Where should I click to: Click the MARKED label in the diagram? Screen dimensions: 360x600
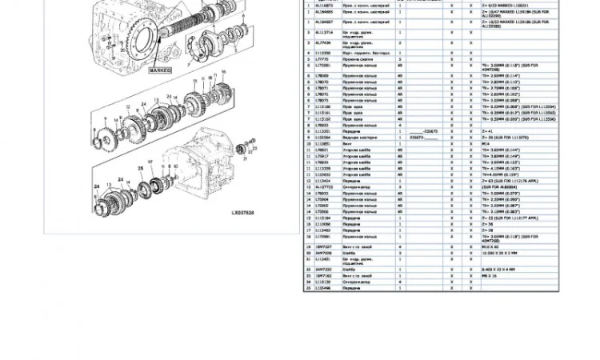pyautogui.click(x=160, y=70)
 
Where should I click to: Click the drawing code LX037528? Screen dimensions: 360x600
pyautogui.click(x=242, y=213)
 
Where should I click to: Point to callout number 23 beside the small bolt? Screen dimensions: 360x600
pyautogui.click(x=254, y=141)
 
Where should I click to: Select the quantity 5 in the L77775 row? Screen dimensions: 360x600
pyautogui.click(x=400, y=59)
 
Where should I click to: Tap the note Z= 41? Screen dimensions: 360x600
pyautogui.click(x=487, y=131)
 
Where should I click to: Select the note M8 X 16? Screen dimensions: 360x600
pyautogui.click(x=490, y=276)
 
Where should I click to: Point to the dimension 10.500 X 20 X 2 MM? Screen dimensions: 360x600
pyautogui.click(x=500, y=254)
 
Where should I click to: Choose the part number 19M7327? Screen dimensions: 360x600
pyautogui.click(x=323, y=247)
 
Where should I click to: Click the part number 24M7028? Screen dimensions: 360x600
pyautogui.click(x=323, y=254)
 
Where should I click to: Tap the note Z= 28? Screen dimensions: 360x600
pyautogui.click(x=487, y=230)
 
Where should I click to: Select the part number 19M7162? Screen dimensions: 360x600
pyautogui.click(x=323, y=276)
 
